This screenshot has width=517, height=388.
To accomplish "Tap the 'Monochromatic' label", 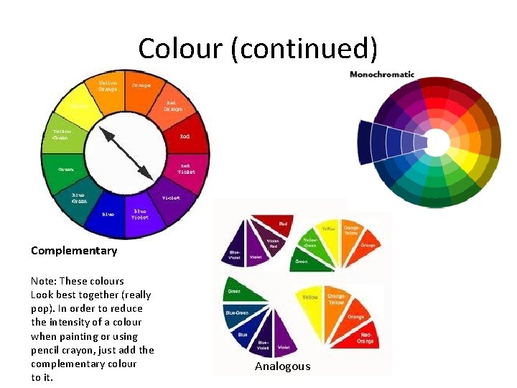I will click(382, 74).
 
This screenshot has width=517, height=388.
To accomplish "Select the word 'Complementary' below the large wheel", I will click(74, 251).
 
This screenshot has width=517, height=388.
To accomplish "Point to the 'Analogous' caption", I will click(283, 366).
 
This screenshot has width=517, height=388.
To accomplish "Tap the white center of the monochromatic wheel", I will click(437, 142).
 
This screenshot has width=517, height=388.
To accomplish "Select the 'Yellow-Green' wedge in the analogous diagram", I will click(309, 244).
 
